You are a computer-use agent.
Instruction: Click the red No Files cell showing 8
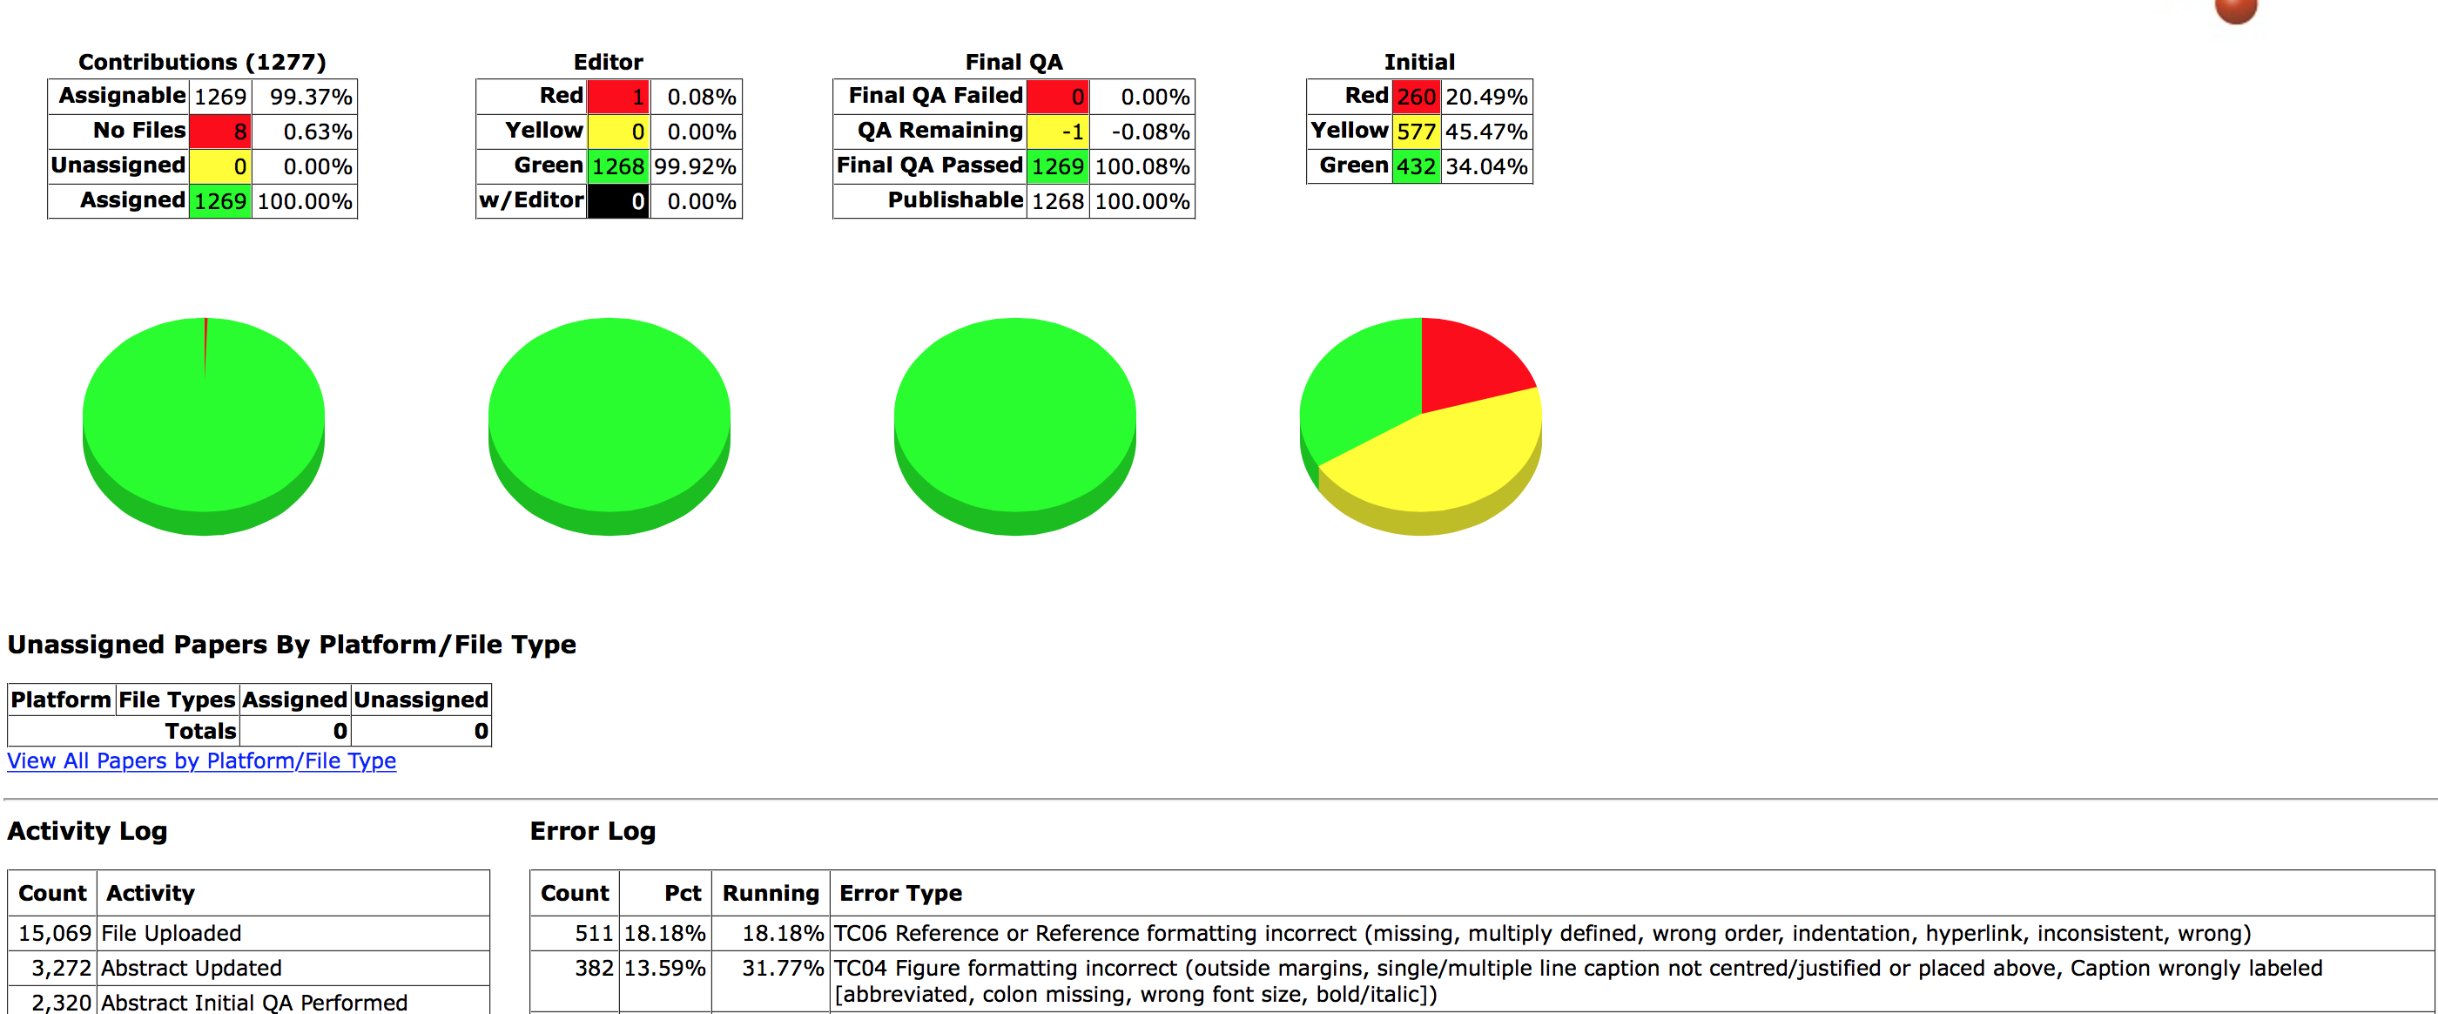[220, 132]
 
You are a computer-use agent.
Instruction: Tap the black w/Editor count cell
[618, 201]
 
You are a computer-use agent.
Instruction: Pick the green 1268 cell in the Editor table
[618, 166]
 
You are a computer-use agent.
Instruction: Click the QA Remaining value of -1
[1058, 132]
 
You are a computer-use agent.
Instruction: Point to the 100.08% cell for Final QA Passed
[1142, 166]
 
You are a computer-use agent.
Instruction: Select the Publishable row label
[954, 200]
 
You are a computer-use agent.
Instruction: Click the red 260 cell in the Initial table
[1416, 97]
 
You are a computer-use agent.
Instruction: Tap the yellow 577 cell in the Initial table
[1416, 132]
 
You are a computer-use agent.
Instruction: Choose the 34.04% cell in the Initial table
[1486, 166]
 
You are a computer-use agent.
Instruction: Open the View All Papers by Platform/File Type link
[202, 761]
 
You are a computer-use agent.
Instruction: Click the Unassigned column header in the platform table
[421, 700]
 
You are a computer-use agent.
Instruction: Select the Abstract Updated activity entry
[192, 969]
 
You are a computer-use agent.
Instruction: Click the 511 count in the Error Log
[594, 934]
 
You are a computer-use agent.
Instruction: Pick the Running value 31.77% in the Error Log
[782, 969]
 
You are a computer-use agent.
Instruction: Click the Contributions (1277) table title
[202, 63]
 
